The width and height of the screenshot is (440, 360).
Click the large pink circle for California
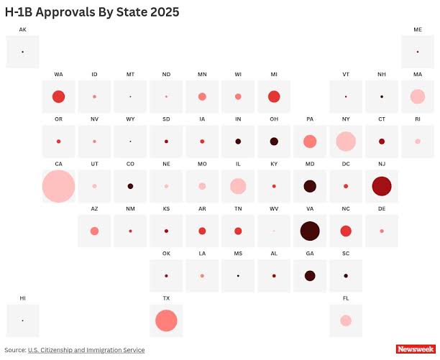[x=58, y=186]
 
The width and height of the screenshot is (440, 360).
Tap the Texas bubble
[x=166, y=320]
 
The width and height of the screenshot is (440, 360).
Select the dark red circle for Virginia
[x=310, y=231]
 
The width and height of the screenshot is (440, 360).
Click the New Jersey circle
[x=382, y=186]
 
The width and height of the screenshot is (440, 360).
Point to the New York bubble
[x=346, y=142]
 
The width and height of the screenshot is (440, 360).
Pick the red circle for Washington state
[x=58, y=96]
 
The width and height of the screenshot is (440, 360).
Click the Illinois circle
[x=238, y=186]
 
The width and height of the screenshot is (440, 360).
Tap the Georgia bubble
[x=310, y=276]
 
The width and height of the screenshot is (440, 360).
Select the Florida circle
[x=346, y=320]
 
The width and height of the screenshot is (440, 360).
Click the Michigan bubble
[x=274, y=96]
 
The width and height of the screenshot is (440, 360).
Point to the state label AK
[x=22, y=29]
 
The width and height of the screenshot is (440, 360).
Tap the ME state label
[x=418, y=29]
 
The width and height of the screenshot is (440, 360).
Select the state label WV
[x=274, y=208]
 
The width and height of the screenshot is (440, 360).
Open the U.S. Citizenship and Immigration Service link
[x=86, y=350]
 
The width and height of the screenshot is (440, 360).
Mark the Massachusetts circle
[x=418, y=96]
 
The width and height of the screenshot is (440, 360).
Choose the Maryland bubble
[x=310, y=186]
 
